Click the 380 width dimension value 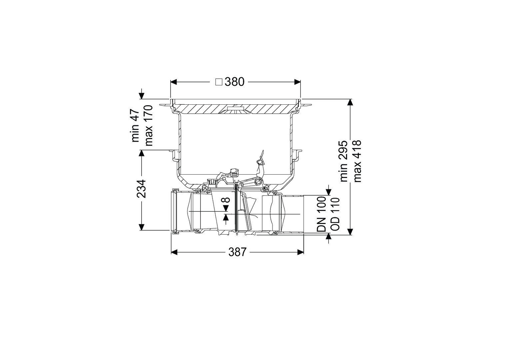pos(235,82)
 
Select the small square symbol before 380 pos(219,82)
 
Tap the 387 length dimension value pos(237,252)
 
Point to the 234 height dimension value pos(141,189)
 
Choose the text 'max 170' pos(149,125)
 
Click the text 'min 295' pos(344,161)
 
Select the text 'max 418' pos(357,161)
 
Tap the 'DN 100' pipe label pos(321,214)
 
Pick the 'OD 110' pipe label pos(335,214)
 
